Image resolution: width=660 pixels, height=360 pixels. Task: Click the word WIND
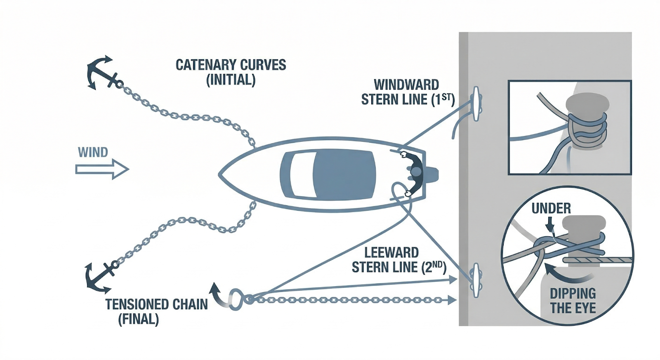coord(93,153)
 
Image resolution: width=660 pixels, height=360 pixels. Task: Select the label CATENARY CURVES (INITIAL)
coord(231,72)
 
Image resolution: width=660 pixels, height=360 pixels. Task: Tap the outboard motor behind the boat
coord(431,174)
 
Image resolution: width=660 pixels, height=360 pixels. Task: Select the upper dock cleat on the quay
coord(476,104)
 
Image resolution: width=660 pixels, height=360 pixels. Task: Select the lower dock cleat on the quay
coord(476,280)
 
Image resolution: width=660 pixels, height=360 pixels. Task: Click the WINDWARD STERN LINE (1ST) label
coord(408,92)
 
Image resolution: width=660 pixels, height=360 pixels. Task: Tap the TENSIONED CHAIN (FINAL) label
coord(156,312)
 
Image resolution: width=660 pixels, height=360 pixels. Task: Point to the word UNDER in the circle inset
coord(551,209)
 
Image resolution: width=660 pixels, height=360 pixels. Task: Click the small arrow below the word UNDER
coord(549,225)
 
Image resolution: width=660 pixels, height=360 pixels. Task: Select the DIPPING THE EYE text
coord(573,301)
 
